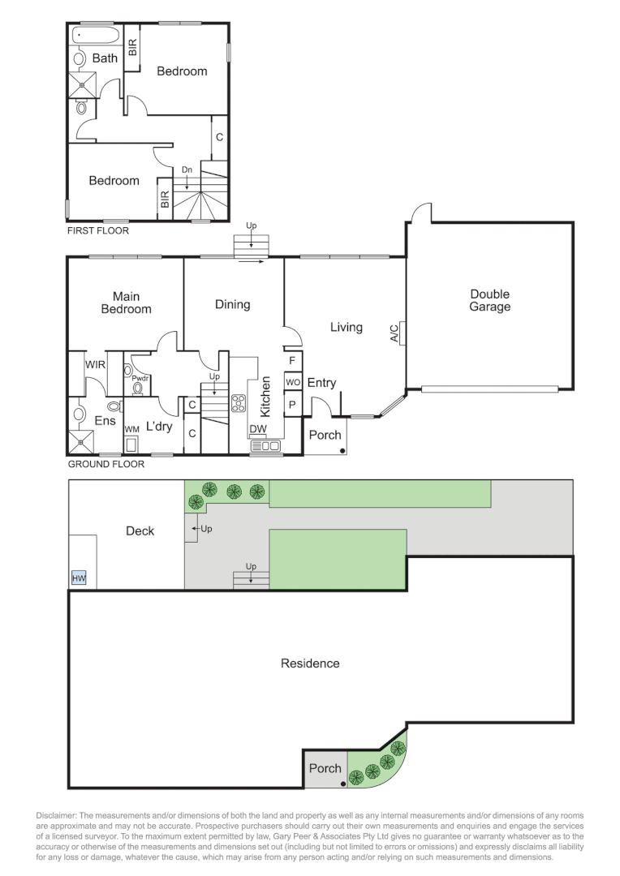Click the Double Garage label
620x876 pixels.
click(x=489, y=300)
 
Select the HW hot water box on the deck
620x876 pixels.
click(x=79, y=578)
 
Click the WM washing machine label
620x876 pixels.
click(x=132, y=430)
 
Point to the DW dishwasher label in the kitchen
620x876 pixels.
click(x=258, y=428)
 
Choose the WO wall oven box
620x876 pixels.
click(x=293, y=382)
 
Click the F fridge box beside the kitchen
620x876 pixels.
click(x=292, y=361)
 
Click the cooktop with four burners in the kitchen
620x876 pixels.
click(x=239, y=403)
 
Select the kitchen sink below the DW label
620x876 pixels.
click(x=265, y=445)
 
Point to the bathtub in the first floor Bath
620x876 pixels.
click(x=95, y=35)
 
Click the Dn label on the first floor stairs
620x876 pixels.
click(x=187, y=170)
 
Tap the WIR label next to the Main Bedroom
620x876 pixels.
click(x=95, y=364)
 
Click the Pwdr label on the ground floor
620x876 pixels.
click(x=140, y=378)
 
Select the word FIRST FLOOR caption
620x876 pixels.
click(x=98, y=230)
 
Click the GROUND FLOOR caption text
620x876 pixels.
click(x=105, y=464)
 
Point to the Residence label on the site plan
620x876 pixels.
click(x=310, y=663)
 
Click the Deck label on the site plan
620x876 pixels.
click(x=140, y=530)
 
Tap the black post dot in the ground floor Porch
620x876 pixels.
click(x=342, y=450)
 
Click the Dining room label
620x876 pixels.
click(x=233, y=304)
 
